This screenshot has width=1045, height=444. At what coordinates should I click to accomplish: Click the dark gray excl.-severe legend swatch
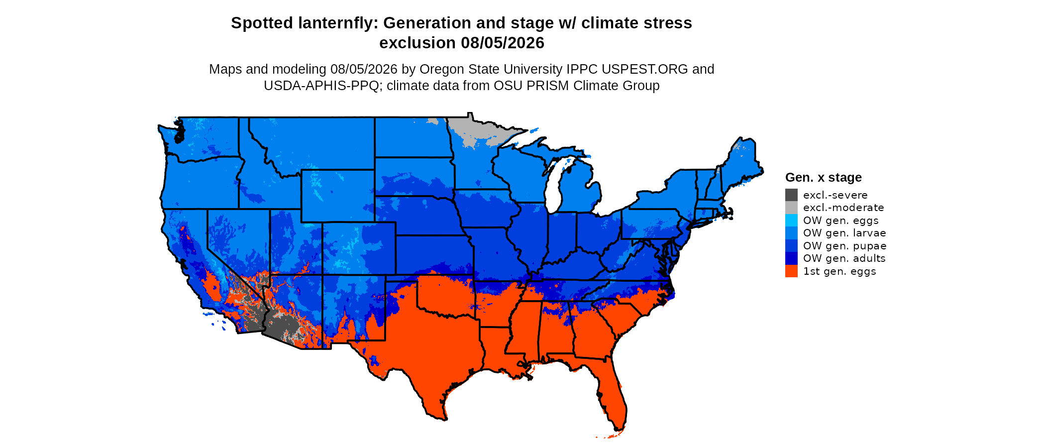[x=791, y=195]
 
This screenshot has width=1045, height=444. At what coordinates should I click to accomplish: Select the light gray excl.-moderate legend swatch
[x=791, y=208]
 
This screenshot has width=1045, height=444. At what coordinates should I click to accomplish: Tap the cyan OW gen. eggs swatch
[x=791, y=221]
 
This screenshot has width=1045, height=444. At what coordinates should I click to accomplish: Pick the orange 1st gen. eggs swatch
[x=791, y=271]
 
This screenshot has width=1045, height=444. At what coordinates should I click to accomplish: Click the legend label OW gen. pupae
[x=844, y=246]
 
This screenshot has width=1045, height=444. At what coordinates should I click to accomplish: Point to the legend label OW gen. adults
[x=844, y=258]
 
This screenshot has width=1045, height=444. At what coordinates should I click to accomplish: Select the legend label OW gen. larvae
[x=844, y=233]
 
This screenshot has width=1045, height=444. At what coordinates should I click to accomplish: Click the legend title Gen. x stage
[x=823, y=177]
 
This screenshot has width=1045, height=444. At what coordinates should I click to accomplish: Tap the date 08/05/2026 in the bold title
[x=503, y=43]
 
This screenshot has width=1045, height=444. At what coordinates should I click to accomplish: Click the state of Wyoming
[x=338, y=196]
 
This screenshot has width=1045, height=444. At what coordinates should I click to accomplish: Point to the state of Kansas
[x=433, y=255]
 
